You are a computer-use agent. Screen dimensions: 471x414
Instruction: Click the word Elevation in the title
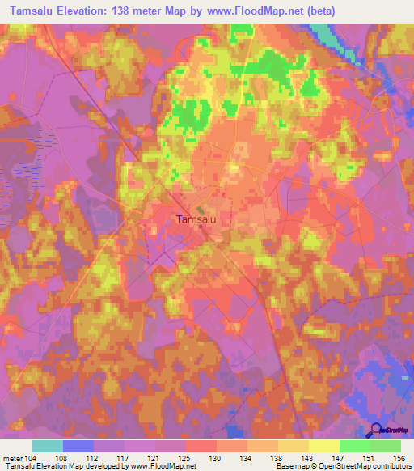point(87,11)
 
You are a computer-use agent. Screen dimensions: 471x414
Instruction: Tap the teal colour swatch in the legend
point(48,446)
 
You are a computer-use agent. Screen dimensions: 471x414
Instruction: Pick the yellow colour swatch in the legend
point(324,446)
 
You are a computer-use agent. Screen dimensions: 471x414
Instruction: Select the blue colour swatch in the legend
point(78,446)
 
